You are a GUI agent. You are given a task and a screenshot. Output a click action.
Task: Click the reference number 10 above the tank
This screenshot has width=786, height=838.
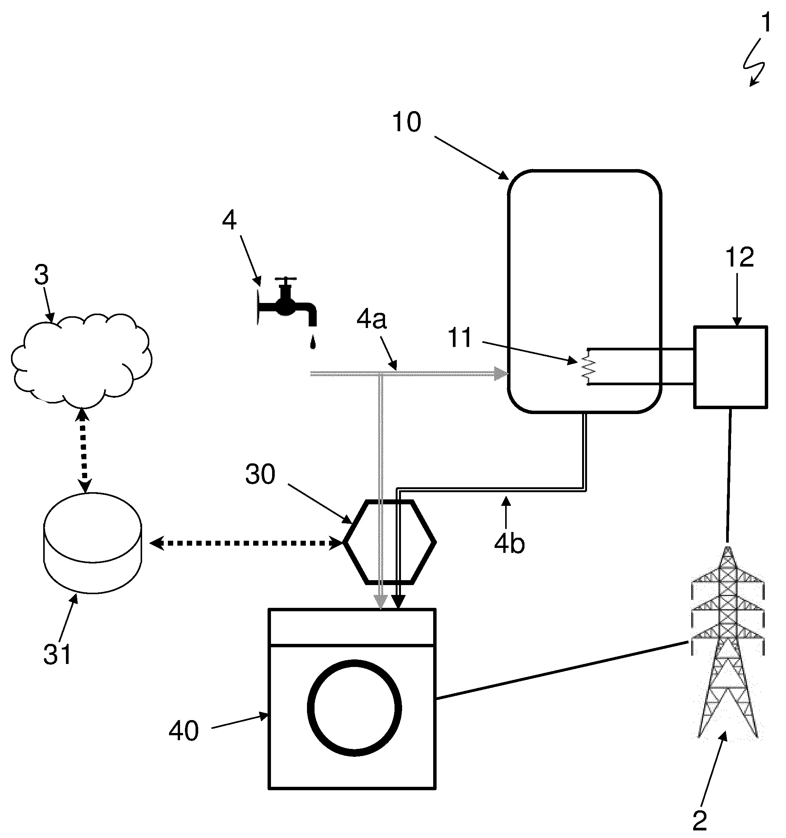pos(407,122)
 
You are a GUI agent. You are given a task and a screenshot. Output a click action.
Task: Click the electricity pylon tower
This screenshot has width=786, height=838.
pos(728,645)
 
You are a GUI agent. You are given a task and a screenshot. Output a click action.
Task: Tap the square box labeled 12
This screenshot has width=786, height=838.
pos(730,367)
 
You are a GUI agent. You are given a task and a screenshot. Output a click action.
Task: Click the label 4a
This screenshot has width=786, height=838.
pos(371,320)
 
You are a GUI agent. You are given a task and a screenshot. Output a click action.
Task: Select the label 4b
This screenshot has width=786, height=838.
pos(509,544)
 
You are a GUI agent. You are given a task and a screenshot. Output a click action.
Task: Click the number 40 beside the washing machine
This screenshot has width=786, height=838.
pos(184,731)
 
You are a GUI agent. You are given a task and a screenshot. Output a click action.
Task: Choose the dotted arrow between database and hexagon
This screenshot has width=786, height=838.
pos(246,543)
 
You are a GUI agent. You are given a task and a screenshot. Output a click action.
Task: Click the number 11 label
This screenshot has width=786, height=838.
pos(460,338)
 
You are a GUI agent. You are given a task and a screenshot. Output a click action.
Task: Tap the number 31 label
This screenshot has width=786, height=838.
pos(57,654)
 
